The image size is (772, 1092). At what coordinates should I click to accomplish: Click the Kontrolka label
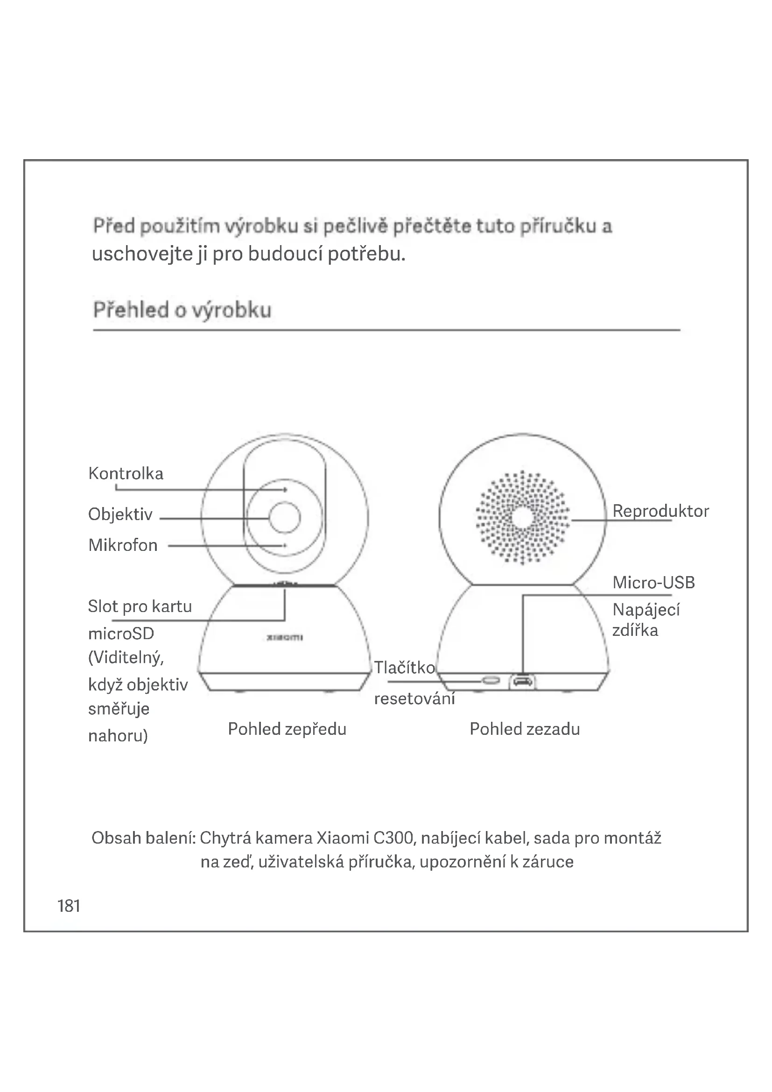(126, 473)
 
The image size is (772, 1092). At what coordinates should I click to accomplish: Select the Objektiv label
(120, 514)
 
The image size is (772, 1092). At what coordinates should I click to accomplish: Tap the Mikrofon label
(123, 545)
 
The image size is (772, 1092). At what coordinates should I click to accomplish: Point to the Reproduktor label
(660, 511)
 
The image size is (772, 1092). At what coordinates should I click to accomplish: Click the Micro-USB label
(653, 582)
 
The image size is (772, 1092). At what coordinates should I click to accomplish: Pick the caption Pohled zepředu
(287, 729)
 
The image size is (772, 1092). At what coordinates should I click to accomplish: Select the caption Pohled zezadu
(525, 729)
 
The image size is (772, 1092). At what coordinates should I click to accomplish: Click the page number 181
(69, 906)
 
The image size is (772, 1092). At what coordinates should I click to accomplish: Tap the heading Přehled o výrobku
(182, 310)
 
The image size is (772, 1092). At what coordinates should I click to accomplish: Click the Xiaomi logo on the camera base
(285, 637)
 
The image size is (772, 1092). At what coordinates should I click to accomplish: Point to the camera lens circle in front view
(284, 517)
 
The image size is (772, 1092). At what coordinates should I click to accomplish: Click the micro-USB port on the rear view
(522, 682)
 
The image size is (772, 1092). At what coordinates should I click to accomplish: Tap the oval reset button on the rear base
(491, 681)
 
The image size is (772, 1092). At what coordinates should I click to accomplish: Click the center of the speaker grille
(522, 517)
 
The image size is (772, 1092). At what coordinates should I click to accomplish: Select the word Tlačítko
(405, 667)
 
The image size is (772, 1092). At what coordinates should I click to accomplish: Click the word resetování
(414, 699)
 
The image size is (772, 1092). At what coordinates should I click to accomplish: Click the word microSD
(121, 634)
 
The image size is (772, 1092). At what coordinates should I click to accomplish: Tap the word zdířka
(635, 630)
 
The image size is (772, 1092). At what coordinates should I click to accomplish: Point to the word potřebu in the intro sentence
(366, 254)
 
